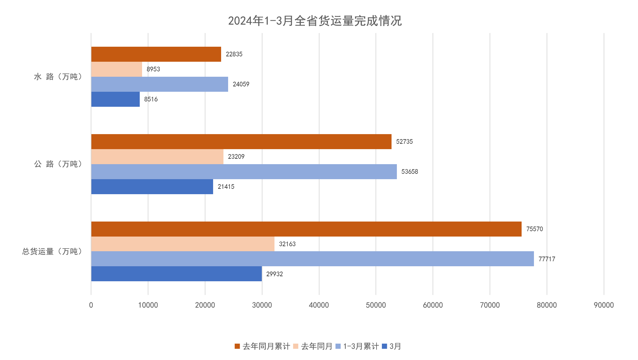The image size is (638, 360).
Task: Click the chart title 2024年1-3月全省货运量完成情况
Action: [315, 21]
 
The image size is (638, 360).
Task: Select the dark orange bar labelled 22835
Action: [156, 54]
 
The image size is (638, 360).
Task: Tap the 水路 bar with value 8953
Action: [117, 69]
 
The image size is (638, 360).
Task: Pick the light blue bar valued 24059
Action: [159, 84]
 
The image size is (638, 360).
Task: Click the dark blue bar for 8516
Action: [115, 99]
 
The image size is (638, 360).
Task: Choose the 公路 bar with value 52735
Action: [241, 141]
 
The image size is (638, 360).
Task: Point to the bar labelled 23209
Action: [157, 156]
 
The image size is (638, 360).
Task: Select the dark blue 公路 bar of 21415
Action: [152, 187]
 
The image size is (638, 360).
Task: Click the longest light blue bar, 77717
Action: [312, 259]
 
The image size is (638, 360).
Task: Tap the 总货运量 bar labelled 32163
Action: [183, 244]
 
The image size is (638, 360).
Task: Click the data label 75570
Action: [534, 229]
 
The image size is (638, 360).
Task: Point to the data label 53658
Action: [410, 171]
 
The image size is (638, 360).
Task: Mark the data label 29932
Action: [274, 274]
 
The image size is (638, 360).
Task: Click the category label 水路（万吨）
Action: [58, 77]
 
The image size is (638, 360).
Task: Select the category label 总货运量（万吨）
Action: [52, 251]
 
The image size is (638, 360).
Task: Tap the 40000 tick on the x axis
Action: [319, 305]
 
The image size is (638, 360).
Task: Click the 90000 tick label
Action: [604, 305]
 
